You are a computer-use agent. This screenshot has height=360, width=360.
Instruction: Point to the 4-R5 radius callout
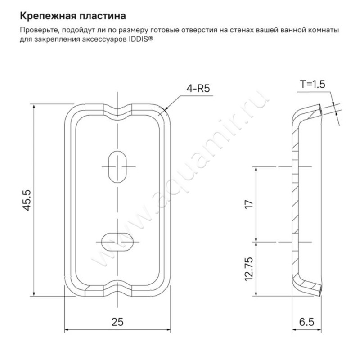pos(198,88)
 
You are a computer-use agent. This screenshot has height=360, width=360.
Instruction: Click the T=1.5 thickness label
pos(312,84)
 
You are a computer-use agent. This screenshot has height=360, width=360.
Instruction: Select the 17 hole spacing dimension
pos(250,203)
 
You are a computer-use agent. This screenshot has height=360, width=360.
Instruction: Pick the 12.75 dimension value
pos(250,269)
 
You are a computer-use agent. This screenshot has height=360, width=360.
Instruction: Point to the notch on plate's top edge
pos(117,109)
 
